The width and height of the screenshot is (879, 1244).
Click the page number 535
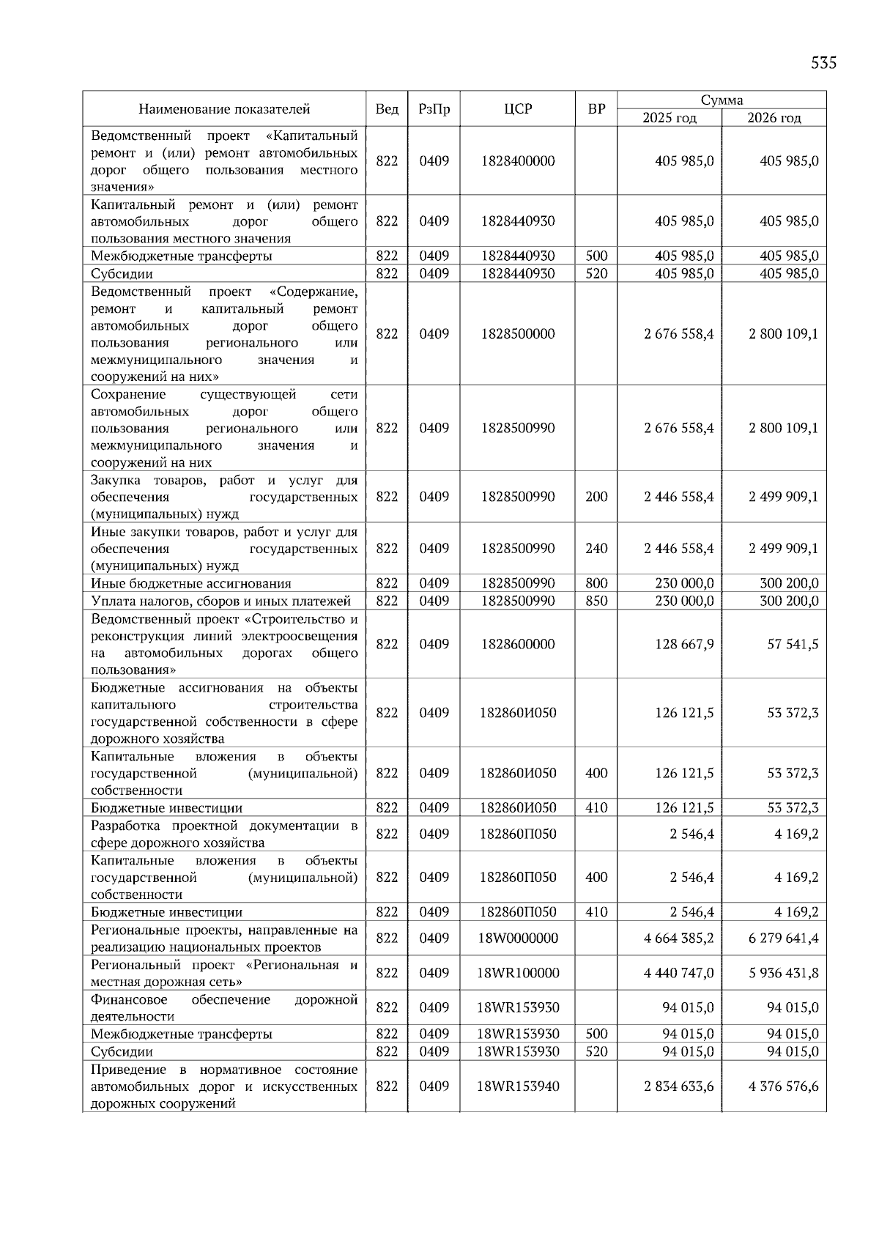click(823, 63)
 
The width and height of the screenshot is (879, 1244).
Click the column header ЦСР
click(518, 109)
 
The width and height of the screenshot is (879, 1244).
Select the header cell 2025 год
click(669, 118)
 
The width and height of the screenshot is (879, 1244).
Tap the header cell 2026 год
click(774, 118)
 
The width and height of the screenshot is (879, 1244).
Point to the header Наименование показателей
click(224, 109)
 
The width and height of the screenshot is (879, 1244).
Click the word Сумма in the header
click(722, 100)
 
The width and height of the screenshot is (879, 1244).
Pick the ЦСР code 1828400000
click(518, 161)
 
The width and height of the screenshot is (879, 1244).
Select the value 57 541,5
click(793, 644)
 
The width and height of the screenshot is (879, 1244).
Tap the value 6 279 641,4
click(783, 938)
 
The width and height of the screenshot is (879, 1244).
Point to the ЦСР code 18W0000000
click(518, 938)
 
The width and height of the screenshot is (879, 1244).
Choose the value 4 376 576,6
click(783, 1086)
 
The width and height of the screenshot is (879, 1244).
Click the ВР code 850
click(596, 601)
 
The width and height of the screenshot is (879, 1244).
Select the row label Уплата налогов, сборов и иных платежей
click(220, 601)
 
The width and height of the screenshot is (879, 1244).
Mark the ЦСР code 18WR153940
click(518, 1086)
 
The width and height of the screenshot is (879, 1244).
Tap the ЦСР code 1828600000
click(518, 644)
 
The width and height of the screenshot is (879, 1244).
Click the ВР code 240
click(596, 549)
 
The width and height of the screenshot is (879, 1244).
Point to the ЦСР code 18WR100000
click(518, 973)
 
